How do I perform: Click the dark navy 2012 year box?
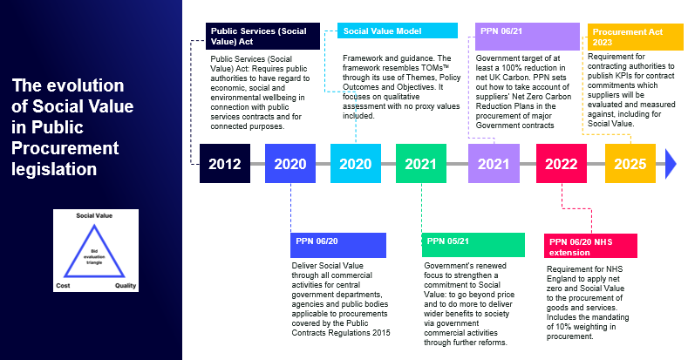click(x=225, y=163)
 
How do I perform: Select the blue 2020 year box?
click(x=290, y=163)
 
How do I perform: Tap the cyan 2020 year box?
click(x=356, y=163)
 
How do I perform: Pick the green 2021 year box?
click(x=421, y=163)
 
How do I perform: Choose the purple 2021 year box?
click(x=494, y=163)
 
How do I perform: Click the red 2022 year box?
click(x=562, y=163)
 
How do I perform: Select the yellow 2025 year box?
click(x=630, y=163)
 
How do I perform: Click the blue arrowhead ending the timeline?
click(x=671, y=164)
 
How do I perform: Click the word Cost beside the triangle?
click(x=63, y=285)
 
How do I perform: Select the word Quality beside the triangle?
click(x=126, y=285)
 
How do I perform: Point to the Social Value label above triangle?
click(x=94, y=215)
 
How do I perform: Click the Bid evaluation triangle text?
click(x=94, y=256)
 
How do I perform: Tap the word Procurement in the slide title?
click(x=65, y=148)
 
